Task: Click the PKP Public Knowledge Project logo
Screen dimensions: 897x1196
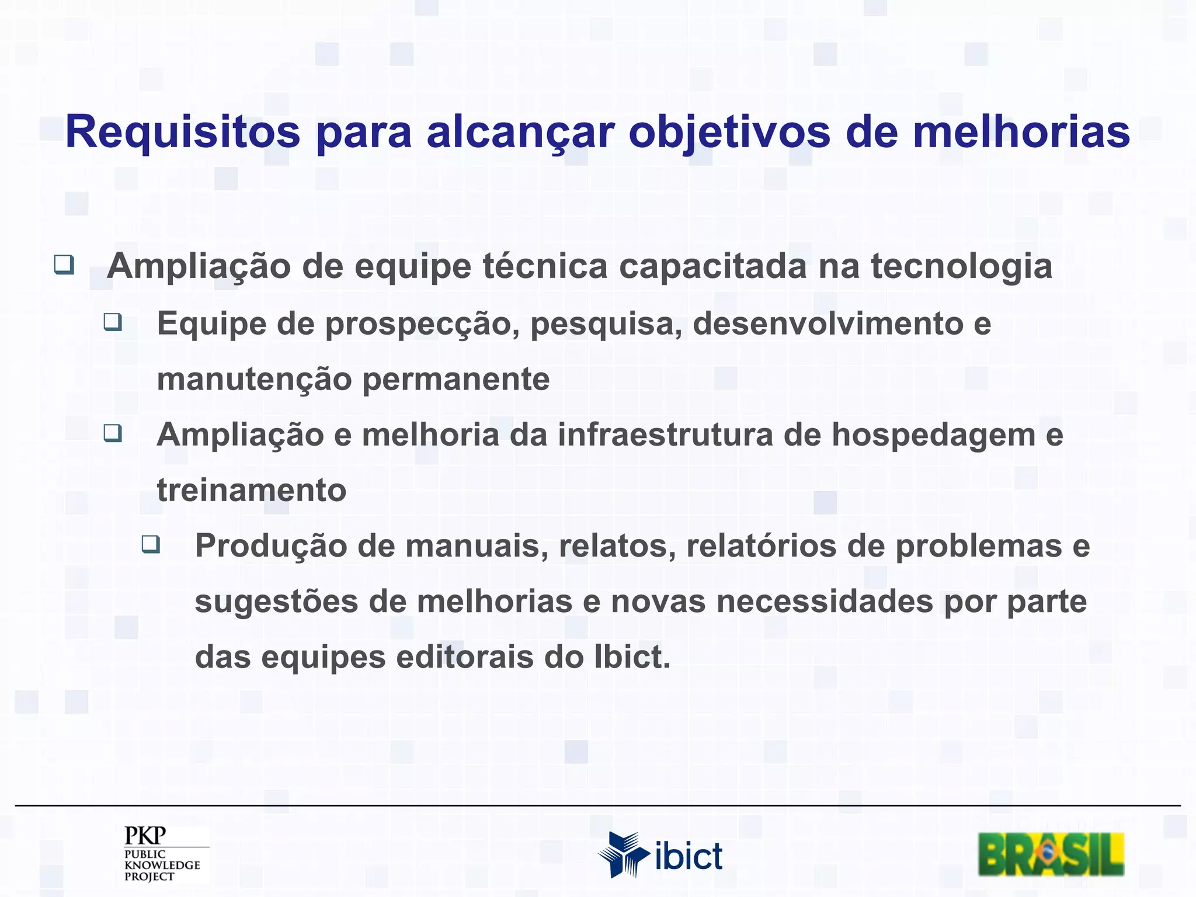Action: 162,853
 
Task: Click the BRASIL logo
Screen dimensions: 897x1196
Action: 1051,854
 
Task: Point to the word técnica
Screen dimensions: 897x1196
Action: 545,266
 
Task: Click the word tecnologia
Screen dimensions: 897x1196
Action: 961,266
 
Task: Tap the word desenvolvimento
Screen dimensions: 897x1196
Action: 828,324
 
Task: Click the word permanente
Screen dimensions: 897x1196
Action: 456,379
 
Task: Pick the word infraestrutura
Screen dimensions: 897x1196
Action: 665,434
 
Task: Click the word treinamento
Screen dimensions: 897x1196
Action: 251,490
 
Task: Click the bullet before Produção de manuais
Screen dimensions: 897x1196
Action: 151,544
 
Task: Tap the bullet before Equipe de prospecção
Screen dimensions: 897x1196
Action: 113,322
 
